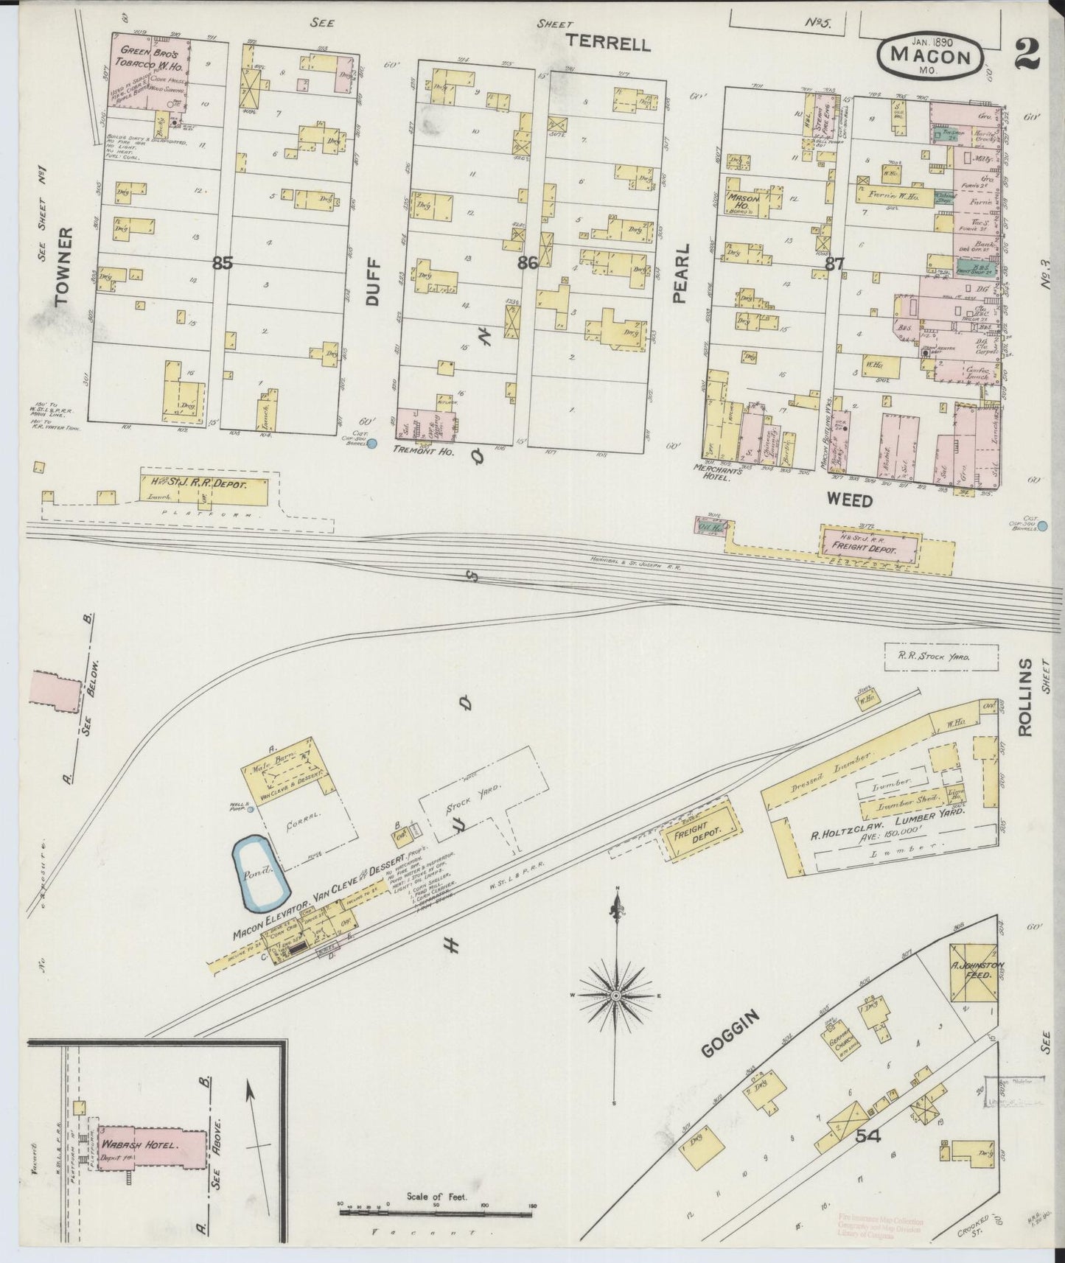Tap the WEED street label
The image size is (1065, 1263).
click(x=848, y=501)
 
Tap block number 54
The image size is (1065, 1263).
click(x=868, y=1137)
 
